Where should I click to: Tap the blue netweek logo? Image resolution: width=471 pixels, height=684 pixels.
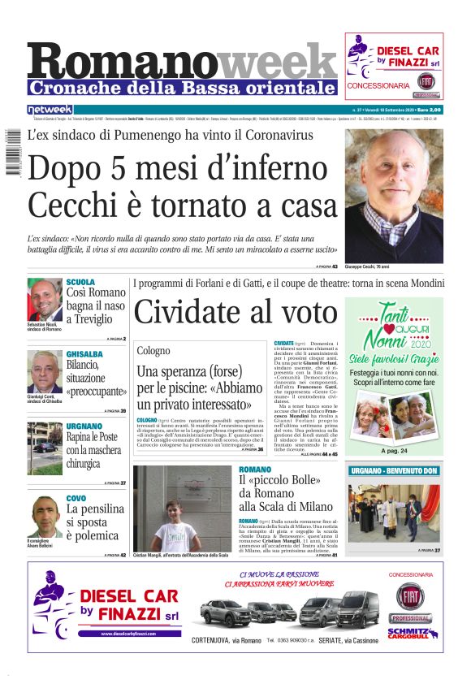pyautogui.click(x=50, y=110)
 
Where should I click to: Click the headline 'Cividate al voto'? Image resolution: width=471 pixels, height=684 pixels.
pyautogui.click(x=235, y=313)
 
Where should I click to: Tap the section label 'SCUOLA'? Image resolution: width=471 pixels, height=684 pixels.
pyautogui.click(x=80, y=282)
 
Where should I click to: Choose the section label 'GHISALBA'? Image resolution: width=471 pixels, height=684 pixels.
pyautogui.click(x=84, y=354)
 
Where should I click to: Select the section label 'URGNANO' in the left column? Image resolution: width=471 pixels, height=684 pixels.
pyautogui.click(x=84, y=426)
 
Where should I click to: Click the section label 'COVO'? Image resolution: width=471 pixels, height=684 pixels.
pyautogui.click(x=76, y=497)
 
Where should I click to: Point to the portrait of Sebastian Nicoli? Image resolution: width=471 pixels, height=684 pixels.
pyautogui.click(x=44, y=299)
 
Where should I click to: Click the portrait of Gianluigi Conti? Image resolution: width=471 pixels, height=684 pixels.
pyautogui.click(x=44, y=371)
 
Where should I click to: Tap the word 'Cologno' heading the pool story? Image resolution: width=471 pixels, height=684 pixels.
pyautogui.click(x=153, y=350)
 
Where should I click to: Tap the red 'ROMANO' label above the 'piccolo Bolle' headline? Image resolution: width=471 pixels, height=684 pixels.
pyautogui.click(x=255, y=470)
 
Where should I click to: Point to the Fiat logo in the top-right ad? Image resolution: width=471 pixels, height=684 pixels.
pyautogui.click(x=426, y=82)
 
